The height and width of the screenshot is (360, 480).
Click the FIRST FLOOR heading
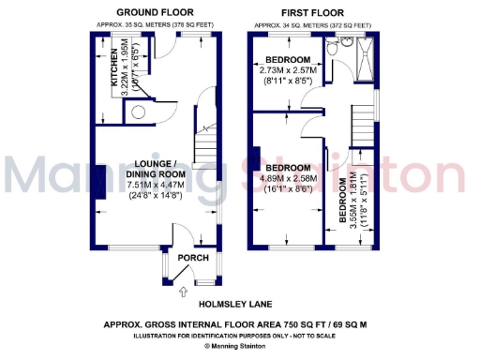[x=314, y=13]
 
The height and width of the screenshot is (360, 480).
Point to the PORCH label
[x=193, y=258]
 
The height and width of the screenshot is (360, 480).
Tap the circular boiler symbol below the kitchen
[x=138, y=112]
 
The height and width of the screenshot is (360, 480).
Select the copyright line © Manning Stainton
[x=240, y=346]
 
